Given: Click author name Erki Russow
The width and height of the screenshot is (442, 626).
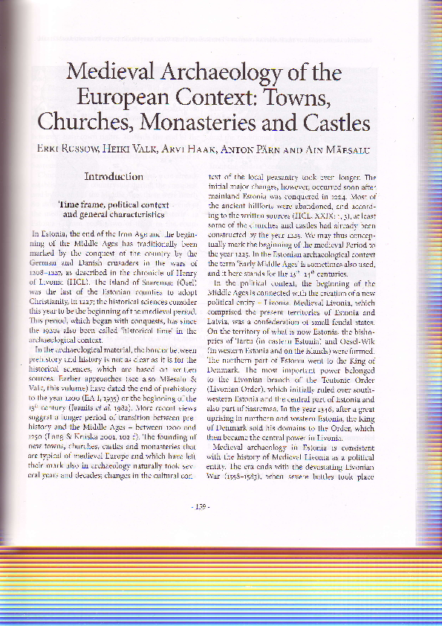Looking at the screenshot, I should click(x=68, y=149).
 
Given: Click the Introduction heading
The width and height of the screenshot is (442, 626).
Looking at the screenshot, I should click(x=113, y=176).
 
